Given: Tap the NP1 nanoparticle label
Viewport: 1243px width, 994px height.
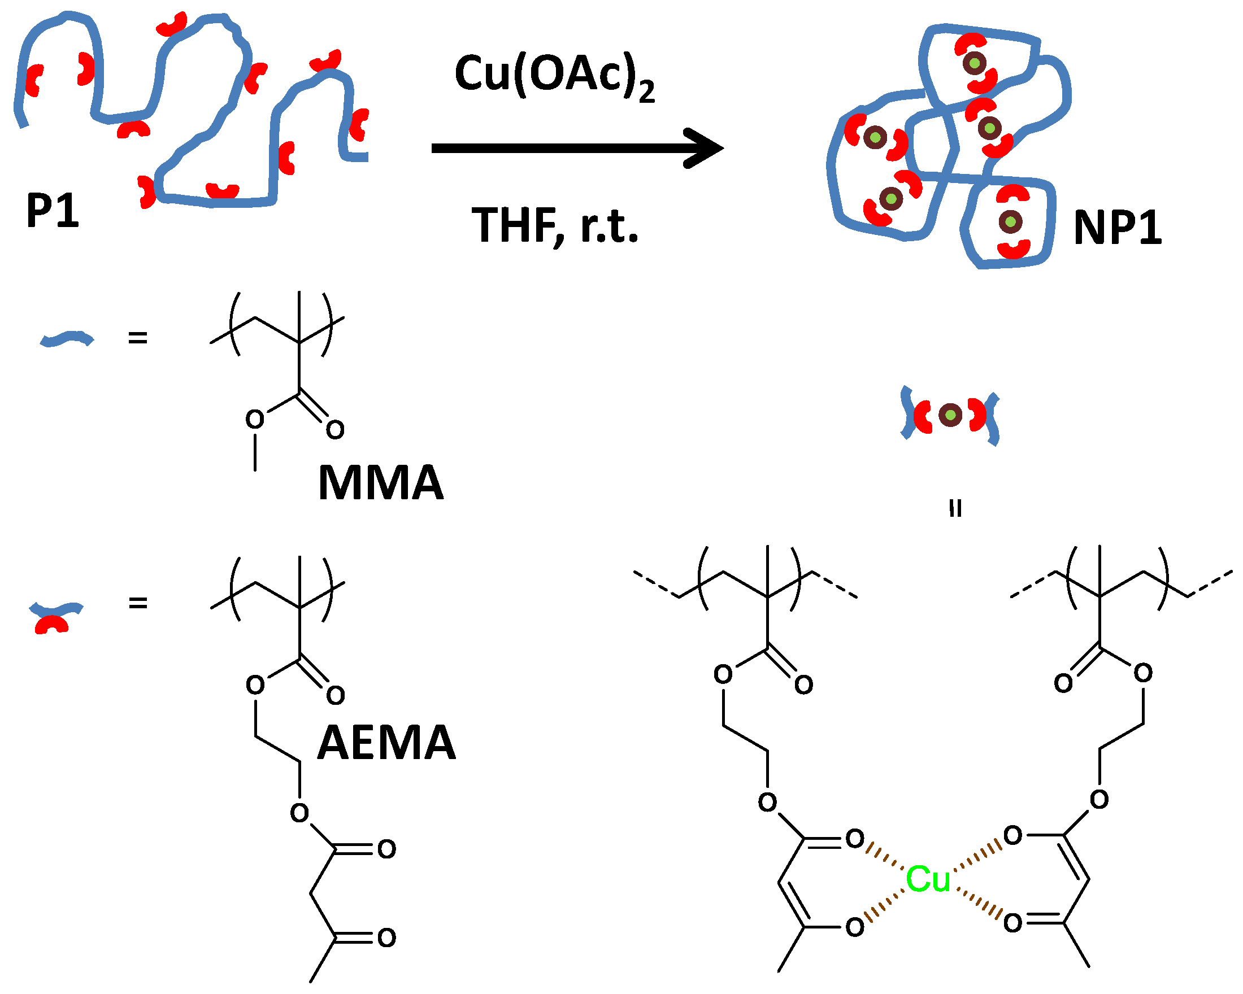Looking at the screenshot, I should click(1117, 228).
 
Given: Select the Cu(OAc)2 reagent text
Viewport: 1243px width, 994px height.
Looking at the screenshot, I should click(554, 75).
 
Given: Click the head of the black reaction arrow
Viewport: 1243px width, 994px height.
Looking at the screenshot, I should click(706, 148).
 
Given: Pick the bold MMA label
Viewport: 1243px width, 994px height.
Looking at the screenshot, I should click(380, 483).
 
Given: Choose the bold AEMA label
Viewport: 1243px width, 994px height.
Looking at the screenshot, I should click(386, 743).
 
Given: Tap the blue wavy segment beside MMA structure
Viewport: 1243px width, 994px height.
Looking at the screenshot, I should click(66, 339).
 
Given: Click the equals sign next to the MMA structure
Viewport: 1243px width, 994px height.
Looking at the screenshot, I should click(138, 338).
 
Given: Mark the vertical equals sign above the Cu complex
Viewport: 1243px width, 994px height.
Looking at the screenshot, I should click(955, 508).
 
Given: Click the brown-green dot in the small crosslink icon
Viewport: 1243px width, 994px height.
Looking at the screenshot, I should click(950, 415).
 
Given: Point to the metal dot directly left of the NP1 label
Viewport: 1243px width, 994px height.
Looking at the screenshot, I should click(1010, 221).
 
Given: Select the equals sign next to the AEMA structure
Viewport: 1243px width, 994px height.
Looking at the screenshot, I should click(138, 603).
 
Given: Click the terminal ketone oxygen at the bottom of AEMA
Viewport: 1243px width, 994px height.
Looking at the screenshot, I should click(387, 938).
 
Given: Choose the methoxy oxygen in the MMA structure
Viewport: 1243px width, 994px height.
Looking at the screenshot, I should click(254, 419).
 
